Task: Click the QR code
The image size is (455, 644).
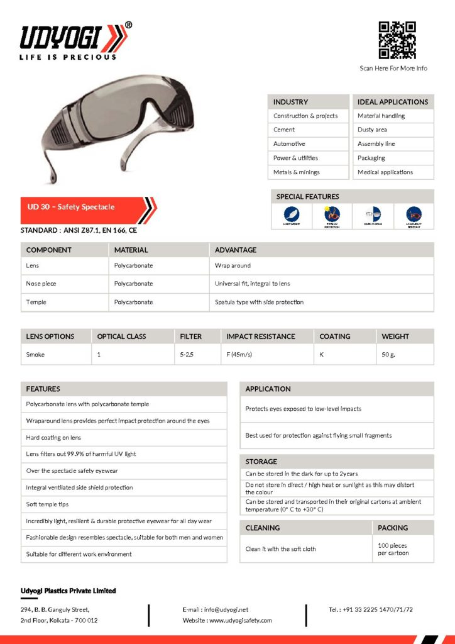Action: (397, 40)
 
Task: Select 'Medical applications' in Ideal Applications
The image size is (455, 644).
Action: (385, 172)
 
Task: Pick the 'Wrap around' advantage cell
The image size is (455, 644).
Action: (233, 266)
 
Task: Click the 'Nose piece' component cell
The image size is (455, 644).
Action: (41, 284)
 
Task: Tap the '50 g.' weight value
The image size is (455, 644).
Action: (389, 355)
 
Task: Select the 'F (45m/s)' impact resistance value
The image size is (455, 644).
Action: (239, 355)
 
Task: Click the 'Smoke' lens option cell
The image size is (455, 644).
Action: (35, 355)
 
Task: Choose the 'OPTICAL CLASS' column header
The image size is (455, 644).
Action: (121, 336)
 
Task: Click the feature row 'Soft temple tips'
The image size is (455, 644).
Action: (48, 504)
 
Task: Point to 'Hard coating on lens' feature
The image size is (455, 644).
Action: (54, 438)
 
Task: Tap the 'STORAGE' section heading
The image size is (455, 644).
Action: (261, 462)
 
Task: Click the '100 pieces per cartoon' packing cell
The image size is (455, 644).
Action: (393, 549)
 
